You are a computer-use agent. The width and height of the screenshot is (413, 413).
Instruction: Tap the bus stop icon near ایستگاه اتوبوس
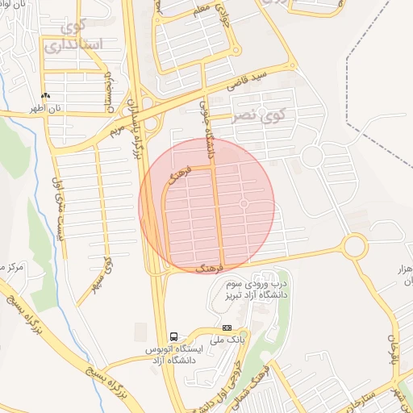tap(173, 336)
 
